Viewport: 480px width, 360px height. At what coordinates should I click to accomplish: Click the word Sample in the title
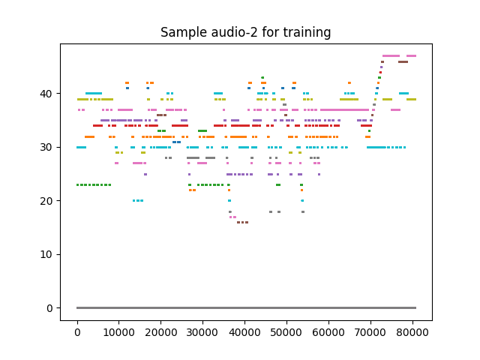pos(181,32)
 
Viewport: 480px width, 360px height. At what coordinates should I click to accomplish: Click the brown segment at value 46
pos(403,61)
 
